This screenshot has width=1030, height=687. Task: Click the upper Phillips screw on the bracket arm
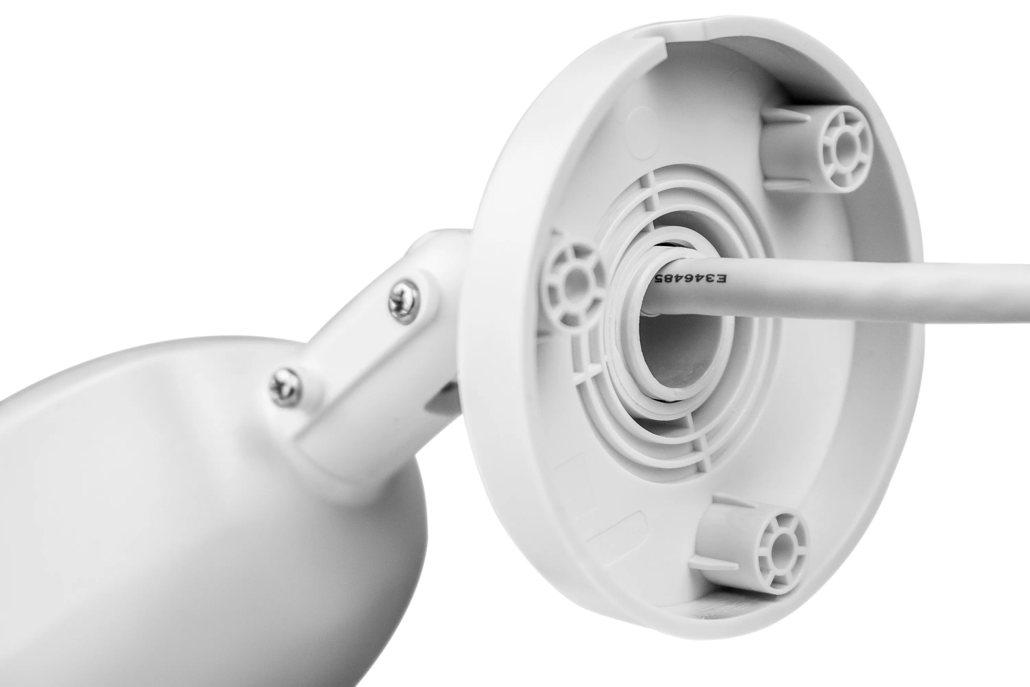(403, 302)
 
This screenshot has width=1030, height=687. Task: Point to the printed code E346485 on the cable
(690, 279)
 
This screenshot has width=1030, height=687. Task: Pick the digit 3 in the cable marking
(710, 279)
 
